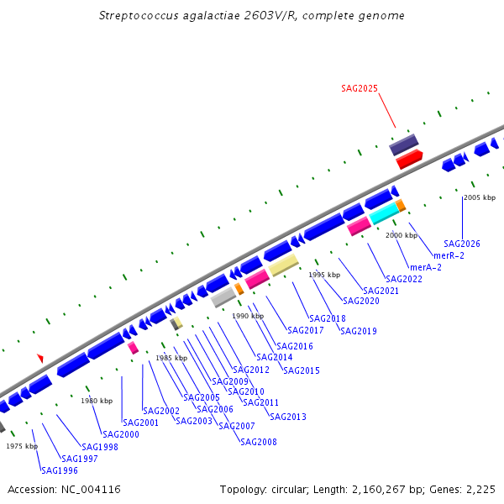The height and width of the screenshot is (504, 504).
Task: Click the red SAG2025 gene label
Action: (x=360, y=88)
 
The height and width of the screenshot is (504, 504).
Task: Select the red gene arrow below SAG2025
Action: (x=410, y=159)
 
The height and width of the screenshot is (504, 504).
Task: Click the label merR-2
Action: (x=449, y=255)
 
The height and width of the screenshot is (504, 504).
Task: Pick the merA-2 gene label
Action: (x=426, y=267)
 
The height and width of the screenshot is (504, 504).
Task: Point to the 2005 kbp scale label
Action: (x=480, y=197)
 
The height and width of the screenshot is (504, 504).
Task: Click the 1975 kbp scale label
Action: (x=22, y=446)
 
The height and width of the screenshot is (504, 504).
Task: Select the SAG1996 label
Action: (x=59, y=470)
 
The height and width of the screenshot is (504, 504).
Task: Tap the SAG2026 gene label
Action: (x=462, y=244)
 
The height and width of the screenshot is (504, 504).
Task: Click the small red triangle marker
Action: (x=39, y=359)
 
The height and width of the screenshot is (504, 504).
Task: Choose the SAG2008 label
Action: (x=258, y=442)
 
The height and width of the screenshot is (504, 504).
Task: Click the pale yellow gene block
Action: (x=283, y=266)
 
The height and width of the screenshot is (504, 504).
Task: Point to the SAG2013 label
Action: (x=288, y=417)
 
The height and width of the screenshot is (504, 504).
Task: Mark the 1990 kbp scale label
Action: (x=248, y=316)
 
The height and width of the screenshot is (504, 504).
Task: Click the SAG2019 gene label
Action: (x=359, y=331)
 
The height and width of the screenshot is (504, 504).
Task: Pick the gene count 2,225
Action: (x=480, y=489)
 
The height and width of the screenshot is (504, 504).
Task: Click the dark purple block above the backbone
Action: (x=403, y=144)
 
